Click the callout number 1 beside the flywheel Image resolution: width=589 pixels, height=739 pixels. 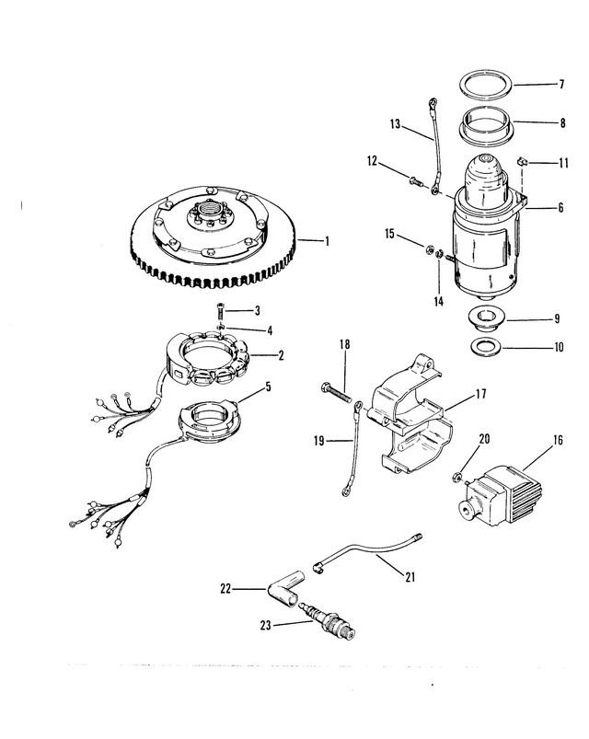click(327, 241)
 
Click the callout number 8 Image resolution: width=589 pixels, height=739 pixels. click(562, 123)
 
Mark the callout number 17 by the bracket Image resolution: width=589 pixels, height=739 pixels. click(480, 394)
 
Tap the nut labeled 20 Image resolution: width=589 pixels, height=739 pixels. click(456, 477)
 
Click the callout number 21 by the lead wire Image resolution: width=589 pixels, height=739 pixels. click(410, 577)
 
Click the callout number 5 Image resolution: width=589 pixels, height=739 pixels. click(268, 387)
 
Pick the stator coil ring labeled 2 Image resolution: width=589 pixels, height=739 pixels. click(208, 359)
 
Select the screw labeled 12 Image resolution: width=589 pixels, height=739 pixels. click(416, 181)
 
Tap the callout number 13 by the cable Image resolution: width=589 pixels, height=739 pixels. click(395, 124)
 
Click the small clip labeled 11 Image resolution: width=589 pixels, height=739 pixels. click(522, 162)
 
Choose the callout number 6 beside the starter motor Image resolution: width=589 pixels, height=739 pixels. click(560, 207)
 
